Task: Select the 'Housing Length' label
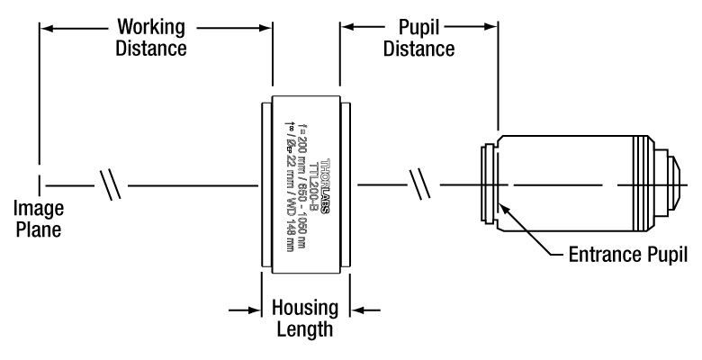coord(305,319)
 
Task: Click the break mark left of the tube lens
coord(112,187)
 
